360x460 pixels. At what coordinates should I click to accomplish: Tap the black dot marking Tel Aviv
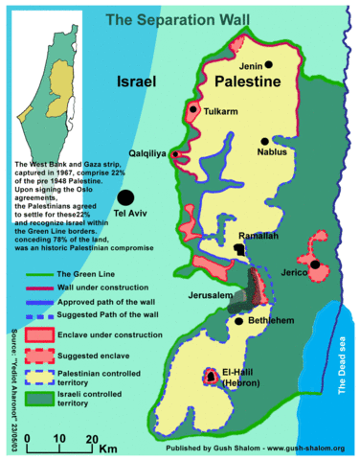click(x=124, y=197)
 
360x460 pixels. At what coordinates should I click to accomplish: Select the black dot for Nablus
click(x=262, y=141)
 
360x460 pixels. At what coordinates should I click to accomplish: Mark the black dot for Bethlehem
click(x=238, y=322)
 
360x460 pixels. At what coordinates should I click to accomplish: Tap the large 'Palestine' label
click(x=247, y=82)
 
